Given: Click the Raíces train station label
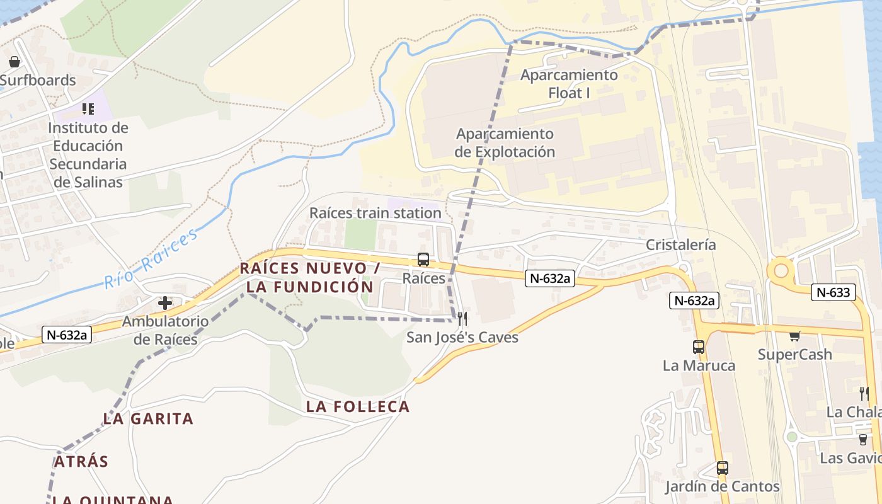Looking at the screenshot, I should click(x=375, y=213).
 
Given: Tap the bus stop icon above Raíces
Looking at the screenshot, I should click(x=423, y=259).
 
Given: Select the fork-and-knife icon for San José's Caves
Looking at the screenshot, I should click(x=462, y=318).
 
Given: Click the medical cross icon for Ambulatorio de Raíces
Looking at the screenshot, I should click(x=165, y=303).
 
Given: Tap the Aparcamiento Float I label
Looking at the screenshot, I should click(x=569, y=84).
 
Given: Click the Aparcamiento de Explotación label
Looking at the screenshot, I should click(x=505, y=143).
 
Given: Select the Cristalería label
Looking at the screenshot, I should click(x=680, y=244).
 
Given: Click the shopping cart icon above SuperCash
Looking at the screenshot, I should click(x=794, y=336).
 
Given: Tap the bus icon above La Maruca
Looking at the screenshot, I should click(x=699, y=346).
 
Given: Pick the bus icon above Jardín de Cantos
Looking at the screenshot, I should click(x=723, y=468).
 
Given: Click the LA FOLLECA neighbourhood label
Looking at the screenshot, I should click(x=358, y=407).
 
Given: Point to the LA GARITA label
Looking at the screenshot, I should click(x=148, y=418).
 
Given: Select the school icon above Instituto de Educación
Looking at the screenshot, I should click(x=88, y=109).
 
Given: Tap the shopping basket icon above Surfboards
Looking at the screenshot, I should click(x=14, y=62).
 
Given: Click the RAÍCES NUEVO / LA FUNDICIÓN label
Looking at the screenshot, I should click(x=310, y=277).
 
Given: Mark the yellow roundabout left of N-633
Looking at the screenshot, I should click(x=781, y=271).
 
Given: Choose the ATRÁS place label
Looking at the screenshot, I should click(x=81, y=461).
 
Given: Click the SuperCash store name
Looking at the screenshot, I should click(x=794, y=354).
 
